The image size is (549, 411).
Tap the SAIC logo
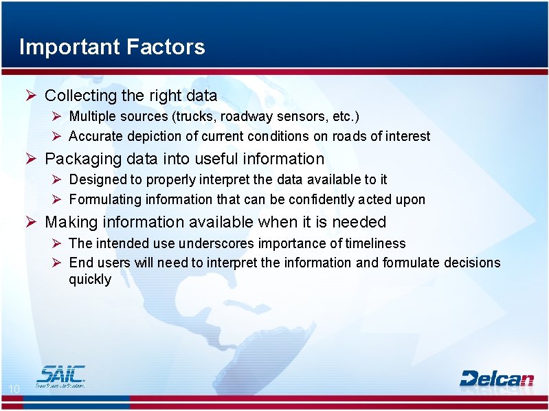(61, 376)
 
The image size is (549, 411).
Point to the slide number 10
(14, 390)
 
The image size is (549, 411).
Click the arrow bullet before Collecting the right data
(31, 96)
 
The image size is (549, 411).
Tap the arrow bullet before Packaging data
(31, 159)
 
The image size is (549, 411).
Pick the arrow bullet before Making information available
(31, 222)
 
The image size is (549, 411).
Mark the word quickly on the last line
(89, 280)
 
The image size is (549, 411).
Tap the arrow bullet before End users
(57, 263)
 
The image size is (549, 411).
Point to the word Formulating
(102, 199)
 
